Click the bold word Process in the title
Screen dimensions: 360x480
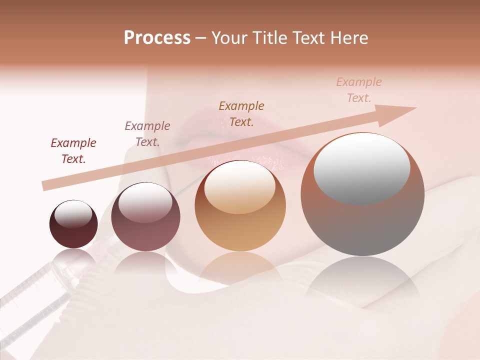pyautogui.click(x=157, y=38)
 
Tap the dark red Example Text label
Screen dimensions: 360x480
pyautogui.click(x=73, y=151)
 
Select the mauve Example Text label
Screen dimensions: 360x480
pyautogui.click(x=147, y=133)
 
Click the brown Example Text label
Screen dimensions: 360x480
pyautogui.click(x=241, y=113)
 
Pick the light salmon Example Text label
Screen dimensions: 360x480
pyautogui.click(x=358, y=89)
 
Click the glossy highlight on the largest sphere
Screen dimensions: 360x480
pyautogui.click(x=361, y=167)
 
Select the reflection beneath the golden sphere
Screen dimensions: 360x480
pyautogui.click(x=240, y=270)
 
